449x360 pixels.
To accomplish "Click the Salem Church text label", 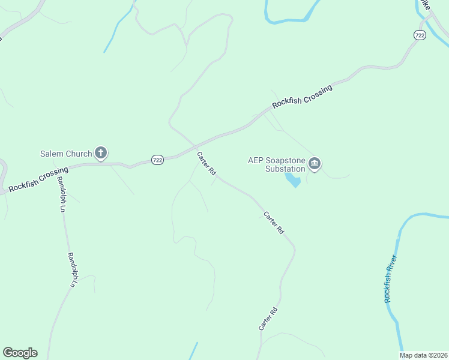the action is pos(66,154).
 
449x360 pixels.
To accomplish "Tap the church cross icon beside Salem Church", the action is pos(101,154).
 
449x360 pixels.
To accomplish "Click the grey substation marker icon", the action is pos(315,164).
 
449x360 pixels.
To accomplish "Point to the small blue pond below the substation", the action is pos(294,180).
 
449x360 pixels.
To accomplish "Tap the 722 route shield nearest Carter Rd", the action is pos(157,160).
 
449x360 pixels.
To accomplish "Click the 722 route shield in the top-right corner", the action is pos(420,36).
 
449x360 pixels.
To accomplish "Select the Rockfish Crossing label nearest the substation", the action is pos(302,97).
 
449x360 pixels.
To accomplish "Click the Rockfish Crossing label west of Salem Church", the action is pos(38,179).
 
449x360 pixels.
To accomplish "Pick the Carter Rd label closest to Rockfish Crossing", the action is pos(206,163).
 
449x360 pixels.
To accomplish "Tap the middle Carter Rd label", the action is pos(273,222).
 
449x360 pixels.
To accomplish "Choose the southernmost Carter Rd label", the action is pos(268,318).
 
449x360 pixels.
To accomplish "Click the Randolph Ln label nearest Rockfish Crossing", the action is pos(61,194).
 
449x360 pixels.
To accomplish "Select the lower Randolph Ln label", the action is pos(71,269).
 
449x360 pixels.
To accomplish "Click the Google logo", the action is pos(20,353).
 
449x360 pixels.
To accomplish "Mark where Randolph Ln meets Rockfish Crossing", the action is pos(56,169).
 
